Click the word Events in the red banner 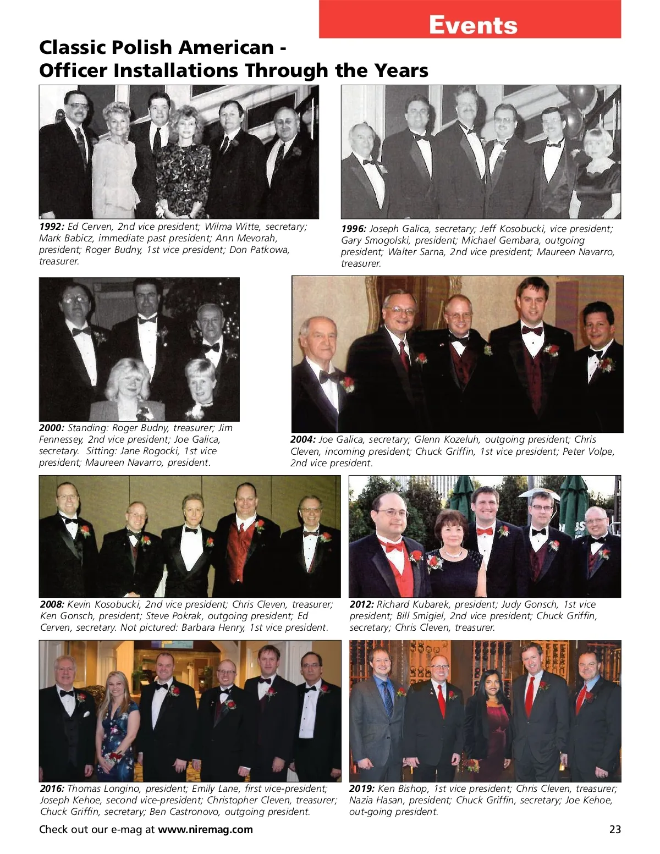(472, 25)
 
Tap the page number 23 (614, 829)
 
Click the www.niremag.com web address (205, 829)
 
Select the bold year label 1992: (52, 227)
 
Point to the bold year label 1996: (354, 229)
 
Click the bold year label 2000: (52, 428)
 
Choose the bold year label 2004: (303, 439)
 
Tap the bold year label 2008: (52, 604)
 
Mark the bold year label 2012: (362, 604)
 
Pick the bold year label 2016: (52, 789)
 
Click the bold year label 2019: (362, 789)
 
